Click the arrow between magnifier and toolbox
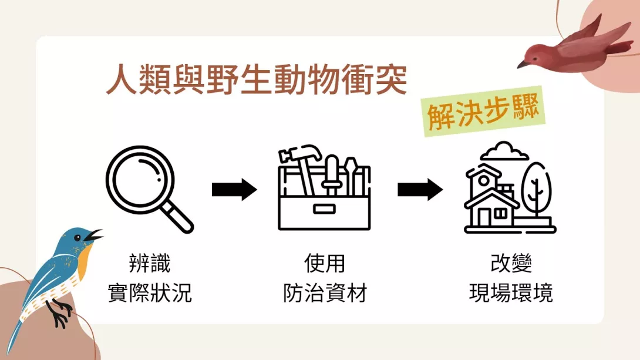(x=234, y=189)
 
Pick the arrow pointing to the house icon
(x=420, y=189)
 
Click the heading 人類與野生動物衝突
(x=257, y=79)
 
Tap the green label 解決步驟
(x=484, y=111)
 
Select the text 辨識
(x=150, y=263)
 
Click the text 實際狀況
(x=150, y=292)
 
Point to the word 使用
(x=325, y=263)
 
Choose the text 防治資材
(x=325, y=292)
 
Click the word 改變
(x=511, y=263)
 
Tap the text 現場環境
(x=511, y=292)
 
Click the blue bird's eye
(x=78, y=237)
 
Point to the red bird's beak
(x=523, y=64)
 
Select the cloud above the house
(x=504, y=151)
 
